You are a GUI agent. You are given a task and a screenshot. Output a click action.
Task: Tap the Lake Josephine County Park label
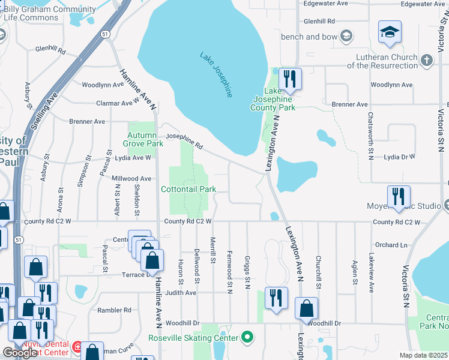coord(273,98)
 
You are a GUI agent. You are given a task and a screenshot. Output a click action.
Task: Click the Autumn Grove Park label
coord(143,139)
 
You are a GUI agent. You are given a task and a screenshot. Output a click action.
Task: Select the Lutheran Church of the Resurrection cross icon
coord(427,60)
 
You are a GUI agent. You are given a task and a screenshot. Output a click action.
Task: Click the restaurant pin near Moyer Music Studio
coord(398,196)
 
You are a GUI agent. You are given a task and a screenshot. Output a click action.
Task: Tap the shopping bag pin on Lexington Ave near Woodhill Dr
coord(306,308)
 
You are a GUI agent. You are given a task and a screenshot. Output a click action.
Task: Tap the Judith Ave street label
coord(181,293)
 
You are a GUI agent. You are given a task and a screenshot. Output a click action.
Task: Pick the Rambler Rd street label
coord(113,310)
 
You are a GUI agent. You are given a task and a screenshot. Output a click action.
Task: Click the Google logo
coord(20,353)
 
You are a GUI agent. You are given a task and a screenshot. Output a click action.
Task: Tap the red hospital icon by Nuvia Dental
coord(77,347)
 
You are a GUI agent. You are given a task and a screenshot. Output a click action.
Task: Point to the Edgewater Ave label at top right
coord(421,4)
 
